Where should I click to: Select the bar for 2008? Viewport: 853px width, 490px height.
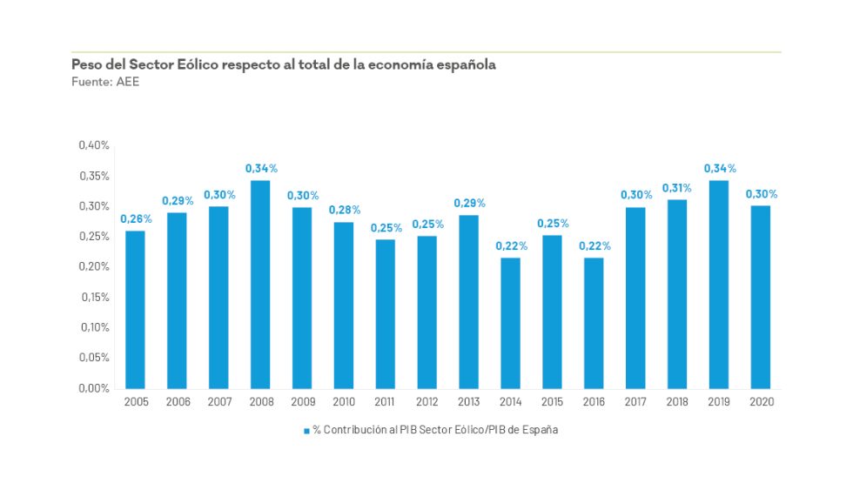[x=260, y=284]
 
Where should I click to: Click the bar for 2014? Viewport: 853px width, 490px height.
[x=510, y=323]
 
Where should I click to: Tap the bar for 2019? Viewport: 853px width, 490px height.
[x=718, y=284]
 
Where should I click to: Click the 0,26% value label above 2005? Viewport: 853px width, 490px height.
[x=136, y=218]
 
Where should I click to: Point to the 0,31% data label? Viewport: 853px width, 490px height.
[x=676, y=187]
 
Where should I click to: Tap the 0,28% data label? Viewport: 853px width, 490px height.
[x=344, y=210]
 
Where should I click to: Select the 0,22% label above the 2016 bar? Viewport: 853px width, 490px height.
[x=594, y=245]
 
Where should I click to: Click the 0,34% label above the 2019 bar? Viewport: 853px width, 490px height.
[x=719, y=168]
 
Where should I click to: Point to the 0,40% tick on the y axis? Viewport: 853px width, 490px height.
[x=94, y=145]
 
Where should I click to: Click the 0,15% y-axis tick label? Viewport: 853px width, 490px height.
[x=94, y=297]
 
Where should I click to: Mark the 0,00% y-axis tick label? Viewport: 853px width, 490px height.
[x=94, y=388]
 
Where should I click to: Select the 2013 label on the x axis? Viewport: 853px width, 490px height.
[x=468, y=402]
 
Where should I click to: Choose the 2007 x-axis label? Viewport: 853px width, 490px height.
[x=219, y=402]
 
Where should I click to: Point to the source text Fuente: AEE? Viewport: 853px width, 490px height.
[x=105, y=82]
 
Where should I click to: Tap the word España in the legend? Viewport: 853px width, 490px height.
[x=540, y=431]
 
